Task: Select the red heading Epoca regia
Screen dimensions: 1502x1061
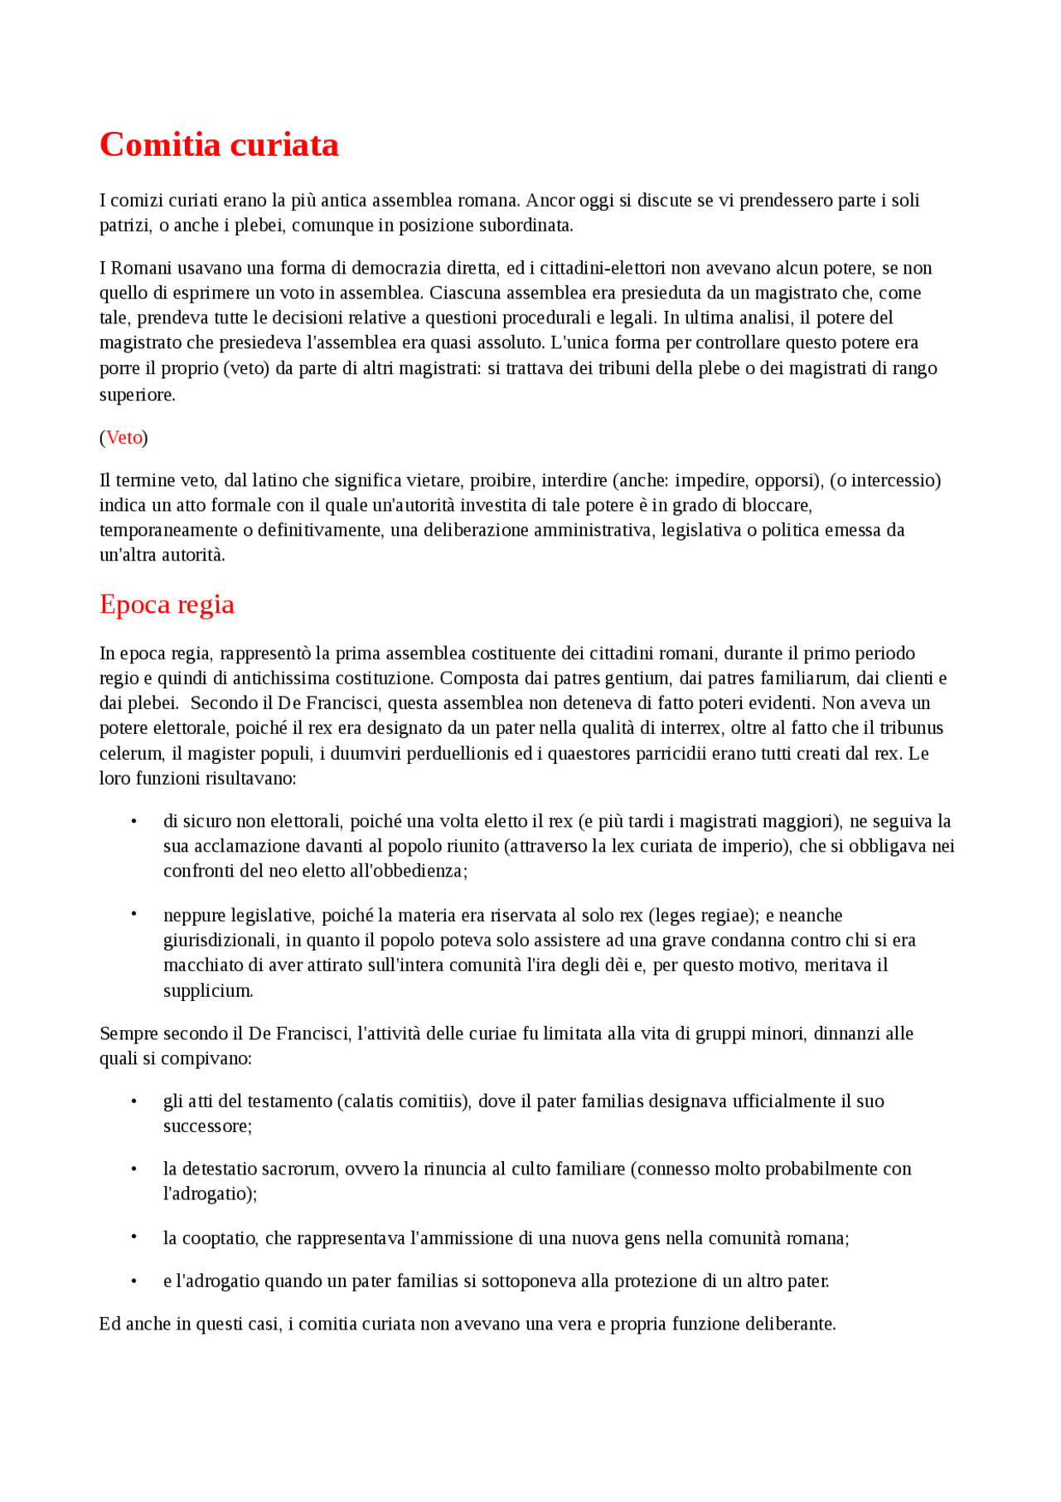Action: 167,605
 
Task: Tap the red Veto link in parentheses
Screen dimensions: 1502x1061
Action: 124,438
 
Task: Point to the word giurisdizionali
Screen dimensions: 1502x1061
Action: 220,941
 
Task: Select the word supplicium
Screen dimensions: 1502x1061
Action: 207,991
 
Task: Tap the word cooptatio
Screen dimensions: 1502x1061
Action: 219,1239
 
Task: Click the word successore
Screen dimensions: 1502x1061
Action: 206,1126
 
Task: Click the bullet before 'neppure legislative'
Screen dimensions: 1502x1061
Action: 133,915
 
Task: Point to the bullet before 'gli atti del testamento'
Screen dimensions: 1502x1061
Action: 133,1101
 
